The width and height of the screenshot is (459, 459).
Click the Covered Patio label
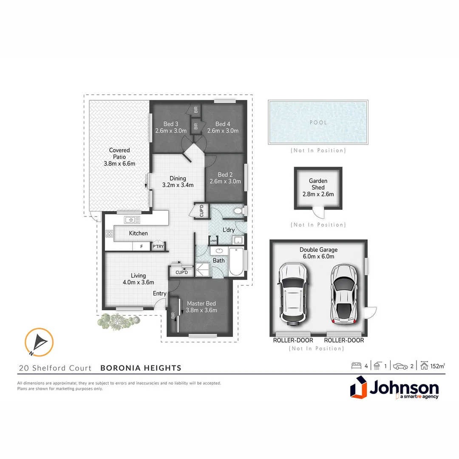[x=119, y=153]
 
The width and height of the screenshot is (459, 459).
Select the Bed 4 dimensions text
[x=223, y=131]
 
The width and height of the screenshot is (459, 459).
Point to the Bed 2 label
[x=225, y=175]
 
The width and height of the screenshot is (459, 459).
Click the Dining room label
[x=178, y=178]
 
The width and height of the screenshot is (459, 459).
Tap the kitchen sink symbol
[x=132, y=220]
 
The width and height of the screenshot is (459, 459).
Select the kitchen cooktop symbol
[x=109, y=233]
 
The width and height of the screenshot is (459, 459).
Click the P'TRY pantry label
[x=158, y=246]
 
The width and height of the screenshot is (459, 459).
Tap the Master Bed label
[x=201, y=303]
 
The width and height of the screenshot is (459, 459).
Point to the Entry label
[x=160, y=294]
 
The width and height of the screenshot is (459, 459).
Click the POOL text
[x=318, y=122]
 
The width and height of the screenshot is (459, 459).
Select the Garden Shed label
[x=318, y=184]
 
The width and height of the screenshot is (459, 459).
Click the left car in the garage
[x=293, y=293]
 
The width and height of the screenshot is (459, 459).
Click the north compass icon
[x=39, y=342]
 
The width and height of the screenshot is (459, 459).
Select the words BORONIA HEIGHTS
[x=141, y=368]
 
